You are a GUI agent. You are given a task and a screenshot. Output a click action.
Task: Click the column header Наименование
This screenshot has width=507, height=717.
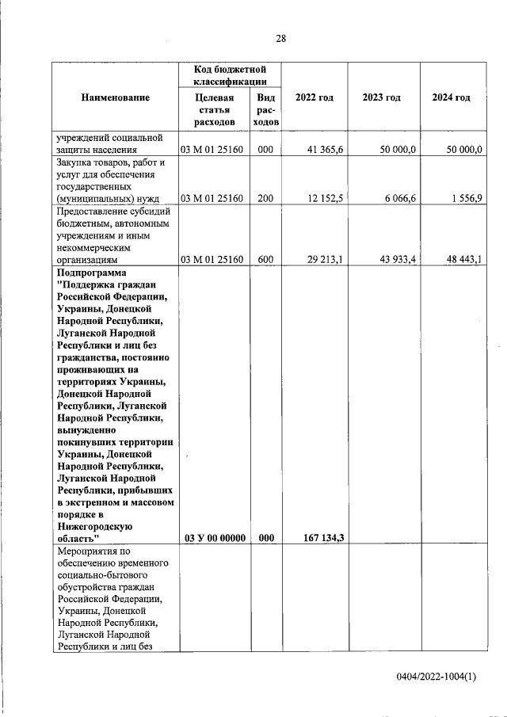pyautogui.click(x=115, y=97)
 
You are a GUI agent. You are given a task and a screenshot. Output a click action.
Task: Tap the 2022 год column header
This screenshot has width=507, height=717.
pyautogui.click(x=314, y=97)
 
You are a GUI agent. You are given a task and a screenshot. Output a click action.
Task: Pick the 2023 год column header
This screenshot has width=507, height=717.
pyautogui.click(x=381, y=97)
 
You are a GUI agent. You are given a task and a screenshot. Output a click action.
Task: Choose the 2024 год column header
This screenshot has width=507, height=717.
pyautogui.click(x=451, y=97)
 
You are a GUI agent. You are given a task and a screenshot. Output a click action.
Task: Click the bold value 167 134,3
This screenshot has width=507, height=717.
pyautogui.click(x=322, y=538)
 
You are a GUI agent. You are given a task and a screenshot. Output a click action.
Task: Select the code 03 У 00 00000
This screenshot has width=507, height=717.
pyautogui.click(x=215, y=538)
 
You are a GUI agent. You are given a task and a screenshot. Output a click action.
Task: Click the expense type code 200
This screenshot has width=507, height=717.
pyautogui.click(x=265, y=198)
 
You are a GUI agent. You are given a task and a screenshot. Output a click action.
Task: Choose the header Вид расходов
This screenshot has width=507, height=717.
pyautogui.click(x=265, y=110)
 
